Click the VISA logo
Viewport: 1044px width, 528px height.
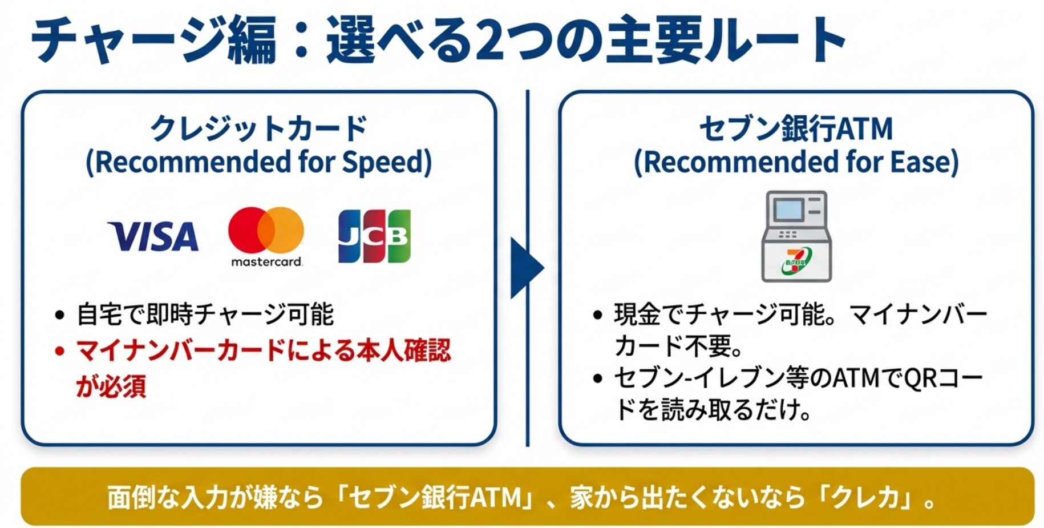point(153,236)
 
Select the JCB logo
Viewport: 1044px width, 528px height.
point(374,236)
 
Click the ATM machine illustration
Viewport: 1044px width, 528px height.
point(796,236)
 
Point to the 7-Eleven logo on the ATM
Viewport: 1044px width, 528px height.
point(797,260)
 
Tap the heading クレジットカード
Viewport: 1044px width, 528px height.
point(258,128)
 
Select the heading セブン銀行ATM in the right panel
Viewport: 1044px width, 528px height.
point(796,128)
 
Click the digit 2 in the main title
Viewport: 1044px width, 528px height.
point(489,41)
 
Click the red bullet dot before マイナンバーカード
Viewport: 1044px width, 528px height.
point(59,350)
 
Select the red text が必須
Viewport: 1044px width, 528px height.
point(111,386)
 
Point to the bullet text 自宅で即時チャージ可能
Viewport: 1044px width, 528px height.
point(205,315)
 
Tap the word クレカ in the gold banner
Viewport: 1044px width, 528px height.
point(867,497)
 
